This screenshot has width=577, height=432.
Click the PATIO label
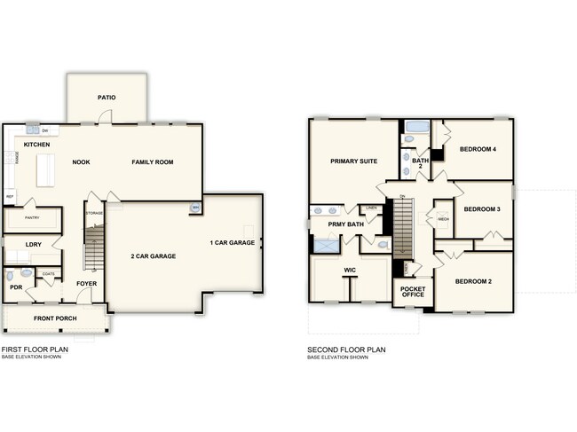coord(107,98)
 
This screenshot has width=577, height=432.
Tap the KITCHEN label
coord(36,145)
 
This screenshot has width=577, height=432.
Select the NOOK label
coord(82,162)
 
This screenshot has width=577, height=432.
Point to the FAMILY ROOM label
coord(153,162)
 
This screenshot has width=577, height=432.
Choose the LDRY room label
coord(34,244)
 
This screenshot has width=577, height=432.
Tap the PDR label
coord(16,287)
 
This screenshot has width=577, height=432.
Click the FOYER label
coord(86,284)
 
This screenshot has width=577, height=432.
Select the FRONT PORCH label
coord(55,318)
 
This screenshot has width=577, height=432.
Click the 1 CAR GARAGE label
coord(232,242)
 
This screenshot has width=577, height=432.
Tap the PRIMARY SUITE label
coord(353,161)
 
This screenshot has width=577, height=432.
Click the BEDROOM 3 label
coord(483,208)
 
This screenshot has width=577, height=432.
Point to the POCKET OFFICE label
coord(413,291)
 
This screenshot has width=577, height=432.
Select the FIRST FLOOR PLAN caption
coord(35,350)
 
